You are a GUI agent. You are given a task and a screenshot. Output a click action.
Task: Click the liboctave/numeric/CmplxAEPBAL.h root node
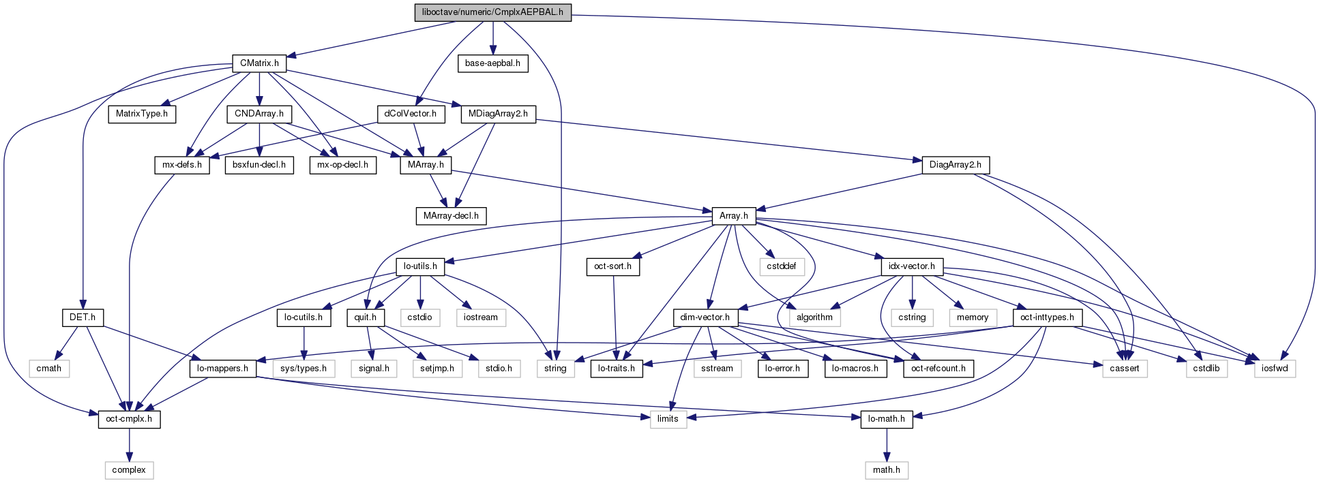pos(492,12)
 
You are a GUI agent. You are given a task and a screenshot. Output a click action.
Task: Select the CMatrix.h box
pos(259,63)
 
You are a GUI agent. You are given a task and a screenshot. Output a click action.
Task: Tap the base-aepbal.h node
pos(492,63)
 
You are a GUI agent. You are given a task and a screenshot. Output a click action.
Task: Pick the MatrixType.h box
pos(142,114)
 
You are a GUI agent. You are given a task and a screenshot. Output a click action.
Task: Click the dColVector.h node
pos(411,114)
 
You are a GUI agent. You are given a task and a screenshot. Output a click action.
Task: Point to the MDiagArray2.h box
pos(499,114)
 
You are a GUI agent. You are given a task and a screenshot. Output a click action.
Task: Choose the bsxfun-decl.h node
pos(259,165)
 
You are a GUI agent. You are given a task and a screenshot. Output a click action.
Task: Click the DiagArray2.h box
pos(955,165)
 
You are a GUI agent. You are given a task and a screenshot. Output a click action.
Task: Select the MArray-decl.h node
pos(451,216)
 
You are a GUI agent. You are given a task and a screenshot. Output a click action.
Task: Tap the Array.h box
pos(733,216)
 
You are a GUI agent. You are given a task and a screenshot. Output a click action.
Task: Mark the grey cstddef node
pos(781,266)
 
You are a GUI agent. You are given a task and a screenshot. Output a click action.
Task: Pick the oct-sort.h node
pos(612,266)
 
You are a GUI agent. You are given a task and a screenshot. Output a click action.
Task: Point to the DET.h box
pos(83,317)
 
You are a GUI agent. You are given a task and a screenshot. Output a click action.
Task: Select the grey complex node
pos(129,470)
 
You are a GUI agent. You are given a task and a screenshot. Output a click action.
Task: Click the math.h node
pos(886,470)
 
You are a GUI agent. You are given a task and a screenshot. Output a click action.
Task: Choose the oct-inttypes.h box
pos(1047,317)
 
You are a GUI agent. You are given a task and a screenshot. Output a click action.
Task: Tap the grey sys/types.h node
pos(304,369)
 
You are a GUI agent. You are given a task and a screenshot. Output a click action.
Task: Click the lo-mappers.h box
pos(222,369)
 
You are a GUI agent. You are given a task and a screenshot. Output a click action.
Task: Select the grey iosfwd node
pos(1275,369)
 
